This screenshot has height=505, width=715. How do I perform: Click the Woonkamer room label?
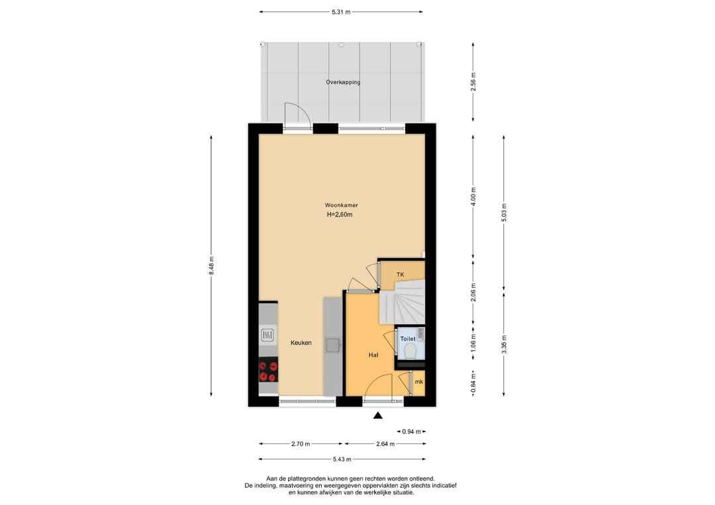pyautogui.click(x=341, y=205)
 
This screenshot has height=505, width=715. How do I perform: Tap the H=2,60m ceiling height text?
pyautogui.click(x=340, y=214)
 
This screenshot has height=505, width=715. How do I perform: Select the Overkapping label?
pyautogui.click(x=343, y=83)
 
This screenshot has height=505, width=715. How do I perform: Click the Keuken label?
pyautogui.click(x=301, y=343)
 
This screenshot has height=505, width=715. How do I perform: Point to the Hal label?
pyautogui.click(x=373, y=355)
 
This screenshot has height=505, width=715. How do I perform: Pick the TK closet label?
pyautogui.click(x=401, y=275)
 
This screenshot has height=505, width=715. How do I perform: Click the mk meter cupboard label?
pyautogui.click(x=418, y=381)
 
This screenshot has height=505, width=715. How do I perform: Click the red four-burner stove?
pyautogui.click(x=268, y=369)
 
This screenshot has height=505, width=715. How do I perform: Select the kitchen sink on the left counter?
pyautogui.click(x=267, y=336)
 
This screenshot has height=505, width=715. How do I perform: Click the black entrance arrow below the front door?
pyautogui.click(x=377, y=415)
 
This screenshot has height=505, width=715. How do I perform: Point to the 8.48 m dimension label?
pyautogui.click(x=211, y=265)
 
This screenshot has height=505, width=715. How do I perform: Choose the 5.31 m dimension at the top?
pyautogui.click(x=341, y=12)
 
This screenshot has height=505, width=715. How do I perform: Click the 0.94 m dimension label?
pyautogui.click(x=411, y=432)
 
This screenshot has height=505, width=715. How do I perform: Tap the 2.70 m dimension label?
pyautogui.click(x=301, y=444)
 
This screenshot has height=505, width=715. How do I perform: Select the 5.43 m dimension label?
pyautogui.click(x=342, y=459)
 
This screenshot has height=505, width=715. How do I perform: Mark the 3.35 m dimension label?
pyautogui.click(x=504, y=344)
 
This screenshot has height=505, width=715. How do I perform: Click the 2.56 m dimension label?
pyautogui.click(x=473, y=82)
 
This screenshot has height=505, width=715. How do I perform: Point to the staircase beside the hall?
pyautogui.click(x=403, y=302)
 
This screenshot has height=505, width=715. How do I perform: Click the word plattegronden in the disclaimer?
pyautogui.click(x=310, y=479)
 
